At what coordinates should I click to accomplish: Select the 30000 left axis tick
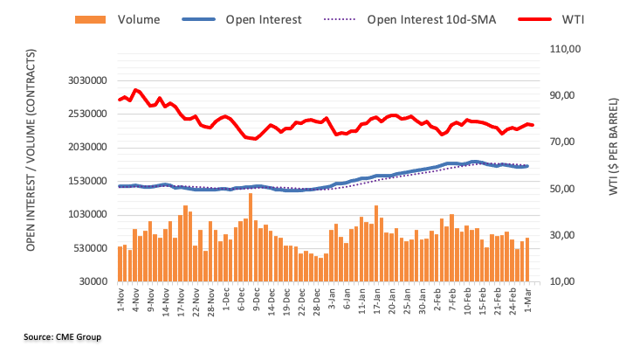pos(91,282)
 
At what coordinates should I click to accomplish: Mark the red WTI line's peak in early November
pos(135,89)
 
